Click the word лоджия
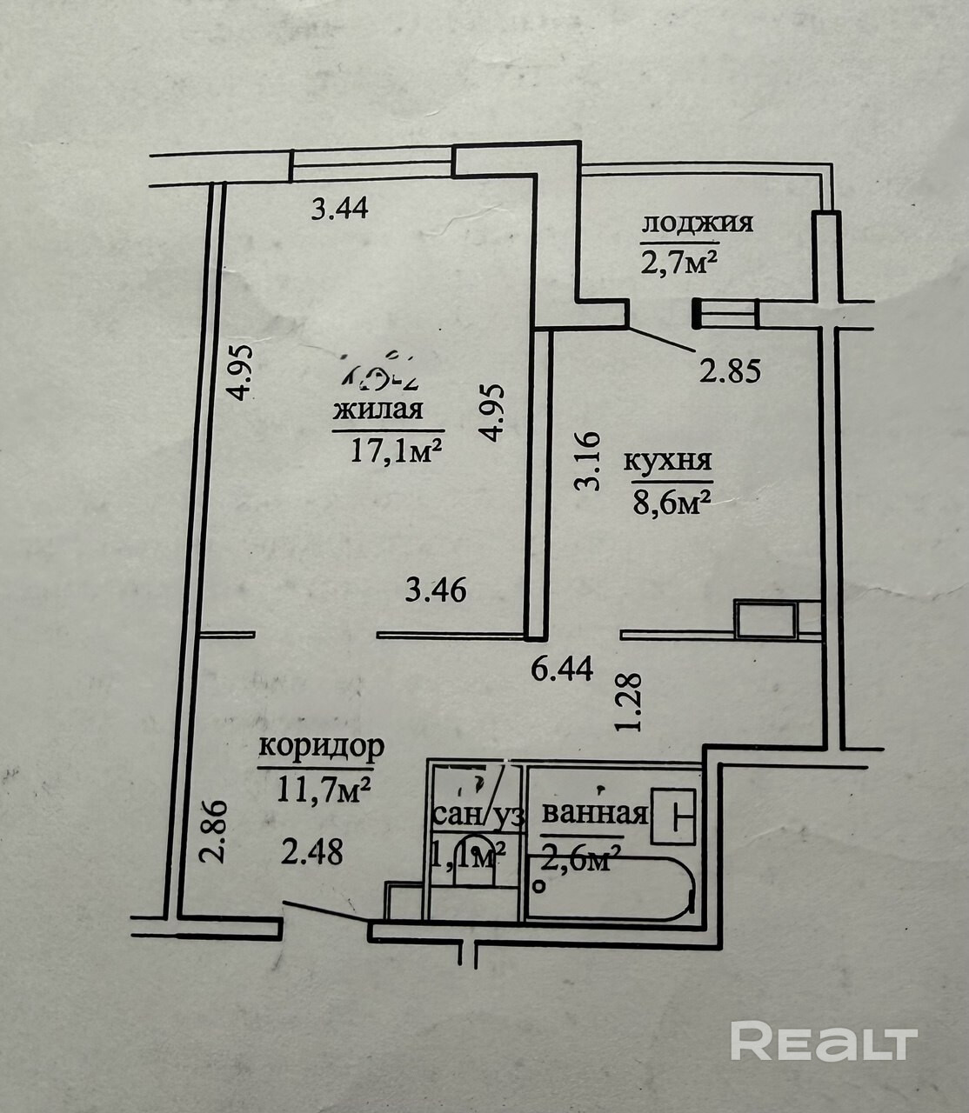(697, 223)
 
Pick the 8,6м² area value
(668, 503)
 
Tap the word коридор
(322, 747)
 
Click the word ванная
(595, 815)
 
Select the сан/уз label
(478, 816)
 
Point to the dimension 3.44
(341, 209)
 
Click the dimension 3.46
(437, 591)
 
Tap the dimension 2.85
(731, 371)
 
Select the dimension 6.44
(563, 669)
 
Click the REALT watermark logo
(824, 1042)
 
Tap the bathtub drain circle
(539, 888)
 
